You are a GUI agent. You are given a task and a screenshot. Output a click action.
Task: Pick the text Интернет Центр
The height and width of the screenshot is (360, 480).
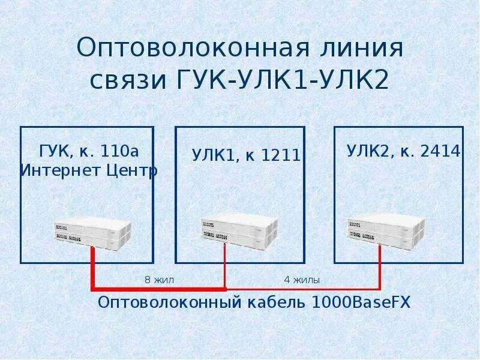pos(88,170)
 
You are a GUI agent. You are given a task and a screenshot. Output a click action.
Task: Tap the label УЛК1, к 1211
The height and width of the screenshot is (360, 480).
pos(246,155)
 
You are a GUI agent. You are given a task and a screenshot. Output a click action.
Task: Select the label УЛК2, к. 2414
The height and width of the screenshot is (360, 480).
pos(403,151)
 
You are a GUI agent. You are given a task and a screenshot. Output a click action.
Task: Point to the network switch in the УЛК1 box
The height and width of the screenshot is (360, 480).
pos(239,232)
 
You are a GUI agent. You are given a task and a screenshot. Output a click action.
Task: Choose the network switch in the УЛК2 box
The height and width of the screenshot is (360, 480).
pos(386,232)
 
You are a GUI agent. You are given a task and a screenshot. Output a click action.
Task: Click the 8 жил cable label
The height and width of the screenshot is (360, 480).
pos(159,280)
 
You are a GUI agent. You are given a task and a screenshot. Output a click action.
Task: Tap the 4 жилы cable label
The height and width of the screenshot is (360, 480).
pos(301,280)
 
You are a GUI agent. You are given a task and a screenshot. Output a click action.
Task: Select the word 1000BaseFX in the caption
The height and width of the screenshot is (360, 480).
pos(361,302)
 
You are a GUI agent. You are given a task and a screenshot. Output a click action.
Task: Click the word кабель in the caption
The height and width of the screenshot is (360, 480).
pos(277,302)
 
